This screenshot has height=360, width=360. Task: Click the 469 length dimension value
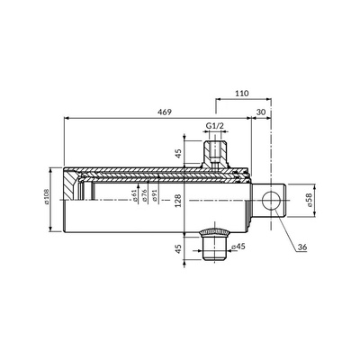coord(165,112)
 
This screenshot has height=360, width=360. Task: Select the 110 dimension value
coord(242,94)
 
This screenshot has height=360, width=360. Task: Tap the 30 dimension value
coord(261,112)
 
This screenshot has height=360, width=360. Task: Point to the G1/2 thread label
coord(215,125)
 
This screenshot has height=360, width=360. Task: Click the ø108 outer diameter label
coord(47,196)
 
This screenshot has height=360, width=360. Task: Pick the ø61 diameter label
coord(134,195)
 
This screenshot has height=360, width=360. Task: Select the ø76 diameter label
coord(144,195)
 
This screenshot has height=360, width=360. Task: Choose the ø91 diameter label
coord(155,195)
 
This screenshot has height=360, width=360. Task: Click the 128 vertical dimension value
coord(179,201)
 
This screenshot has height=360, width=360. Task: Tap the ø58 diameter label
coord(310,200)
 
